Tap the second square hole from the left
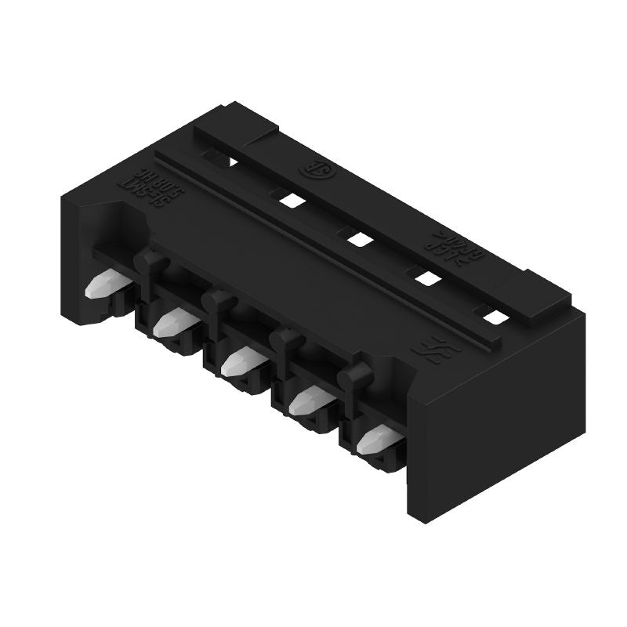[x=290, y=200]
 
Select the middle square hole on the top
[x=357, y=238]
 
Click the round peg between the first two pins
[x=148, y=262]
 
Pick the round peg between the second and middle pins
[x=217, y=301]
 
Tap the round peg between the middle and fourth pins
[x=285, y=341]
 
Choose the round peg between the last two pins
[x=354, y=379]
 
